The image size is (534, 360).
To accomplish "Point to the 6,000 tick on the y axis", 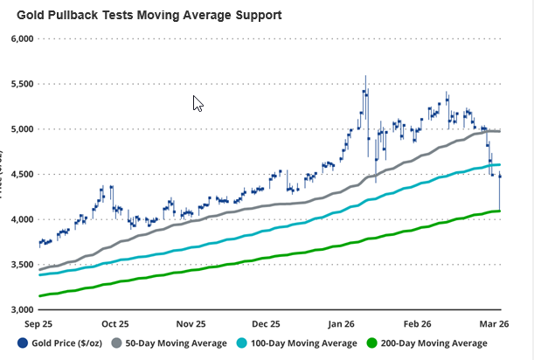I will (x=18, y=39).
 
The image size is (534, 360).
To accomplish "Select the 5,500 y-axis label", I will (x=18, y=85).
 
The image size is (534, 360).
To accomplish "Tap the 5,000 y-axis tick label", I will (x=18, y=129).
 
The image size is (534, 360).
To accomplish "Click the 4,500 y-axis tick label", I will (x=18, y=175).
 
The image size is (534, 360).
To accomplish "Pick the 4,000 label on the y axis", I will (x=18, y=219).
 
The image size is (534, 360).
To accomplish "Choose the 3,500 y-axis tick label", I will (x=18, y=265).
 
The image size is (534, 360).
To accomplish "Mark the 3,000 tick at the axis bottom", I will (x=18, y=309).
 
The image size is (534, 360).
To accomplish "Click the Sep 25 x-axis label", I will (x=38, y=322).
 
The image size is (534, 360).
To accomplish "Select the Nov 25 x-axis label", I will (x=191, y=322).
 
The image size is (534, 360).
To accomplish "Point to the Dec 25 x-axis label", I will (x=265, y=322).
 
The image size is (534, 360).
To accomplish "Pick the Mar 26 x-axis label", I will (x=485, y=322).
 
